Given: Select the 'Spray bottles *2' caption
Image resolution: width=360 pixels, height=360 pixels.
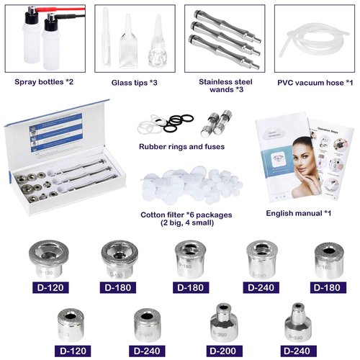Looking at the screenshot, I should pyautogui.click(x=44, y=82).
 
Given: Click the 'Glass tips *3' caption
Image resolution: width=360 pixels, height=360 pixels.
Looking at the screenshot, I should pyautogui.click(x=136, y=82).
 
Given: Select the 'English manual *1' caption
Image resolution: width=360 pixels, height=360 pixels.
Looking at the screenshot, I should pyautogui.click(x=298, y=214).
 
